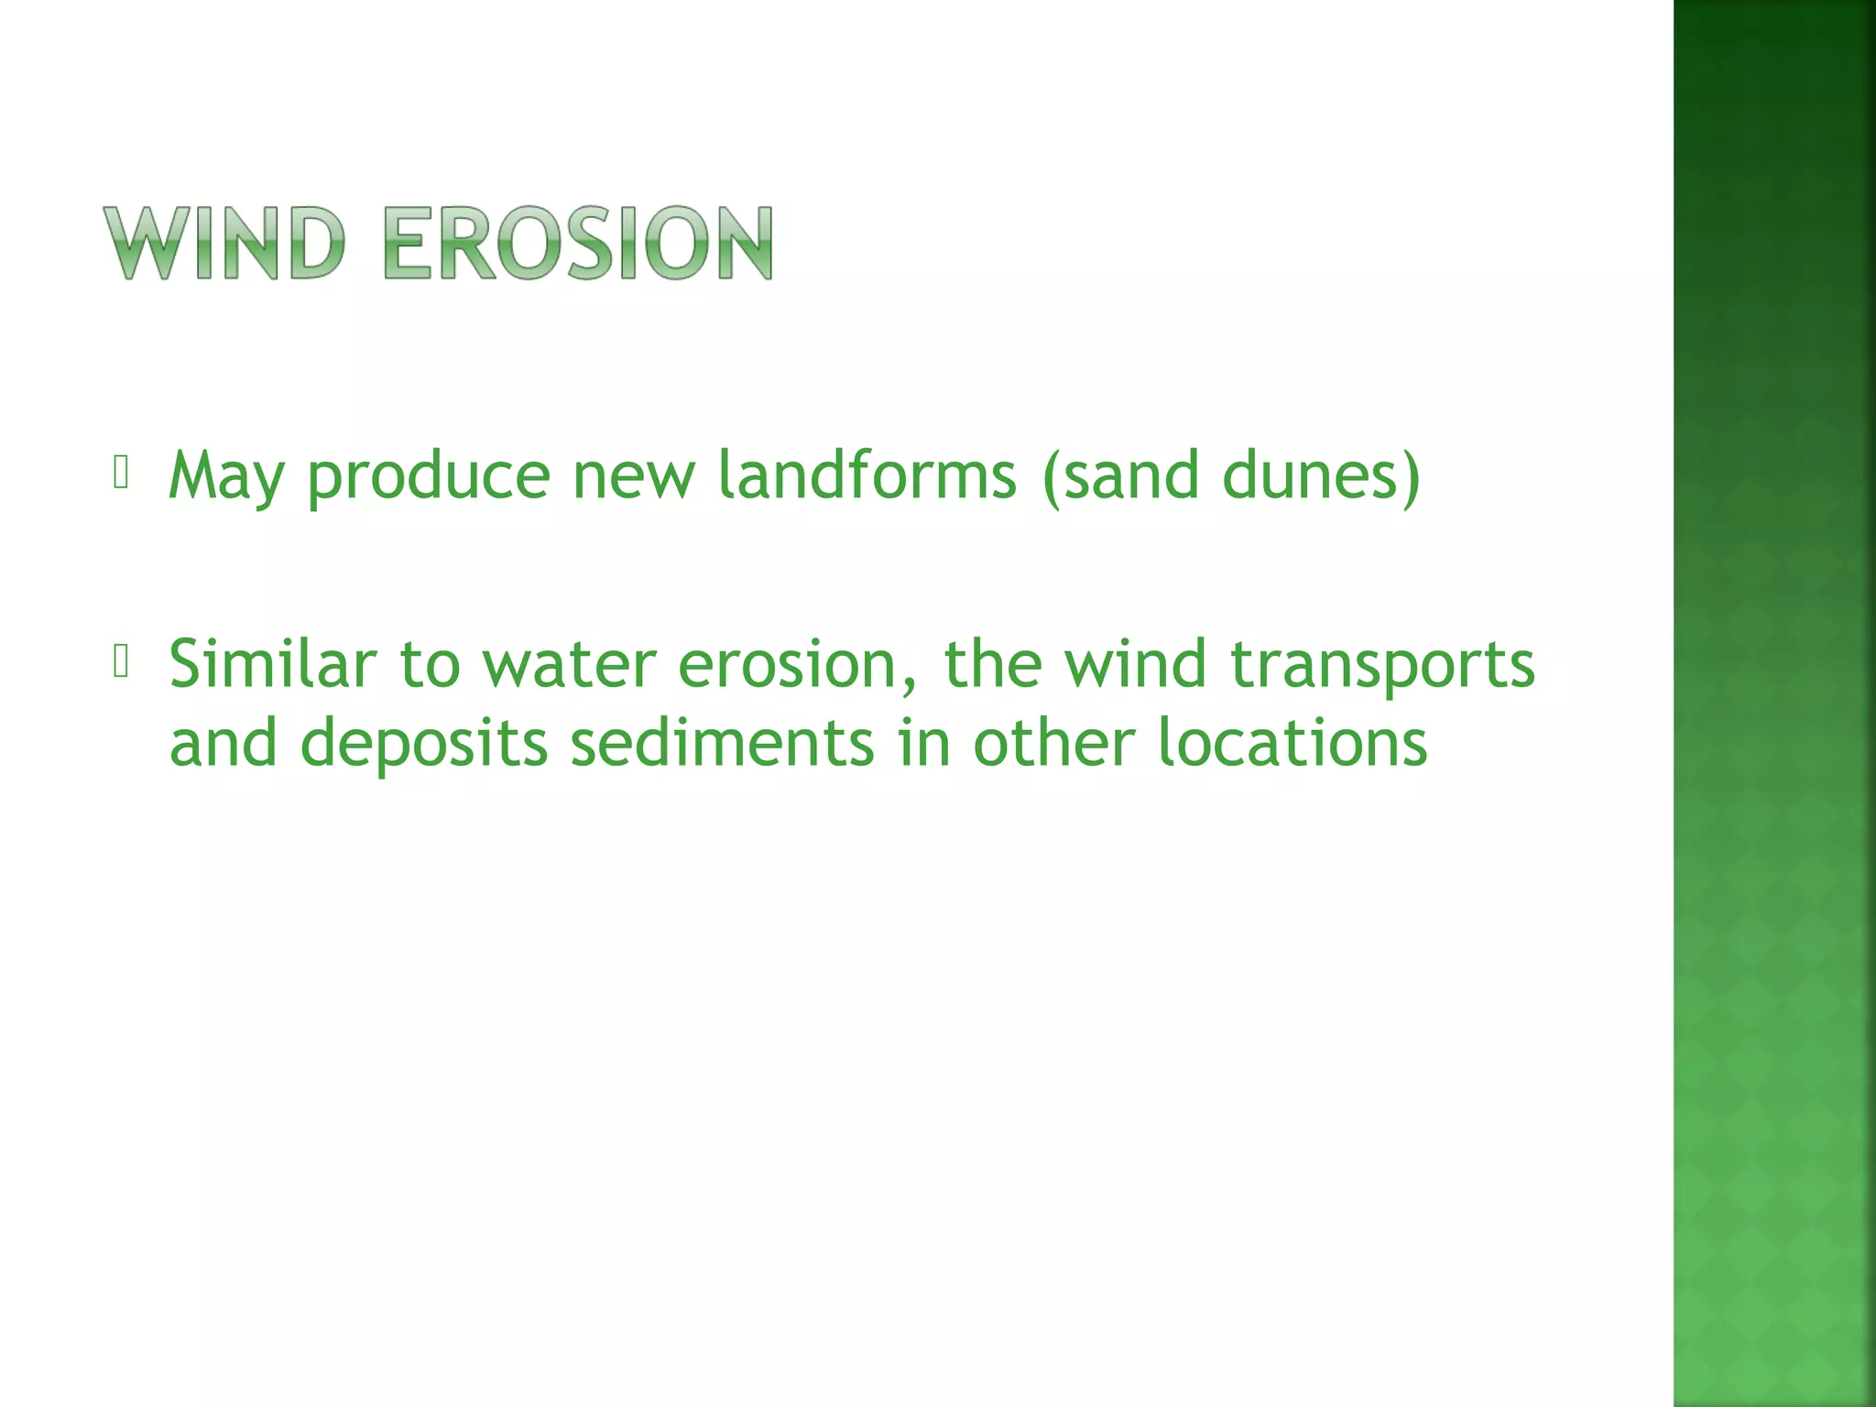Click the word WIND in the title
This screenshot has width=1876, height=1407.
tap(225, 243)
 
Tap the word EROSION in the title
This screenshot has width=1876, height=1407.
tap(578, 243)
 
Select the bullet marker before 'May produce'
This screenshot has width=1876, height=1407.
tap(120, 473)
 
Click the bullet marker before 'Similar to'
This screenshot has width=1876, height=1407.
tap(120, 661)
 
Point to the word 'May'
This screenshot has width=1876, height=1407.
tap(225, 476)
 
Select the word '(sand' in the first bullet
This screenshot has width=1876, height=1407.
tap(1120, 476)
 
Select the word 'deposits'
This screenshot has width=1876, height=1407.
tap(424, 744)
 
